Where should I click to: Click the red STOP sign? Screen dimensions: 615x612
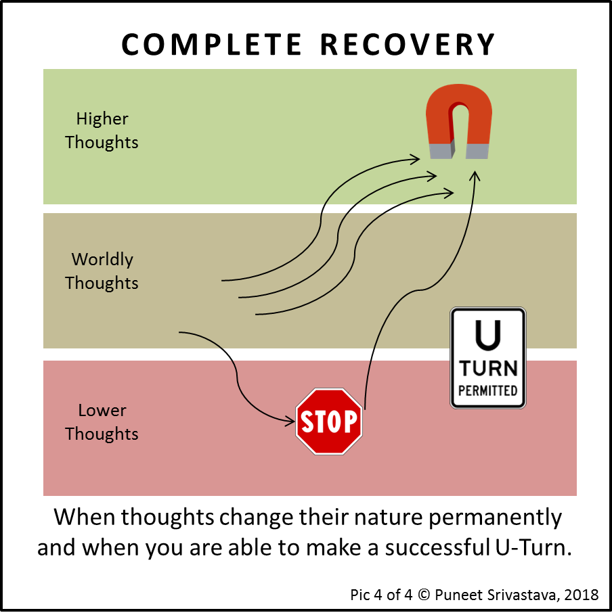click(x=329, y=421)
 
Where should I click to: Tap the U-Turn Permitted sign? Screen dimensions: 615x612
click(x=487, y=358)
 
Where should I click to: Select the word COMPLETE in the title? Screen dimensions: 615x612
click(x=211, y=45)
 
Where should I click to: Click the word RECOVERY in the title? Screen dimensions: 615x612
click(x=408, y=45)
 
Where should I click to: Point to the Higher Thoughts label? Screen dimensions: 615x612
click(x=102, y=131)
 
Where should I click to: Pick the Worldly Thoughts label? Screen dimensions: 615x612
click(x=102, y=271)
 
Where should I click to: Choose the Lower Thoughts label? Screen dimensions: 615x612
click(x=102, y=422)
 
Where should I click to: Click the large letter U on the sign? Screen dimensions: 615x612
click(x=487, y=335)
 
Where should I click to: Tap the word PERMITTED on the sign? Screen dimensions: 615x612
click(x=487, y=390)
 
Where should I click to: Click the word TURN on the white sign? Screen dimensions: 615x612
click(x=487, y=369)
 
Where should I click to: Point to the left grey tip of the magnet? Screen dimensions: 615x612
click(x=441, y=151)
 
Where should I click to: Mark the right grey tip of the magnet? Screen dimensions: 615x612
click(x=477, y=151)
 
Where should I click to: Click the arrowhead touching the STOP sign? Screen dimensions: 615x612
click(x=290, y=420)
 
